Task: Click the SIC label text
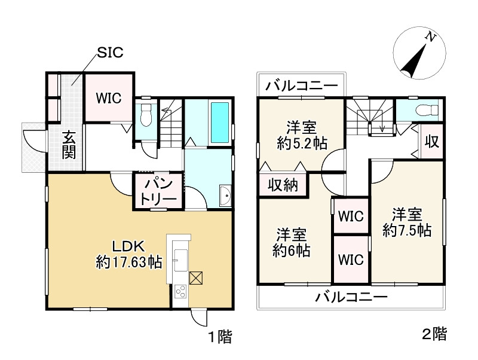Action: click(111, 53)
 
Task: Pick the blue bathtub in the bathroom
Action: click(219, 121)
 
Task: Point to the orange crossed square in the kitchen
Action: click(197, 277)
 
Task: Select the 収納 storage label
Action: click(283, 186)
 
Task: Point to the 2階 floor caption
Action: click(434, 334)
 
